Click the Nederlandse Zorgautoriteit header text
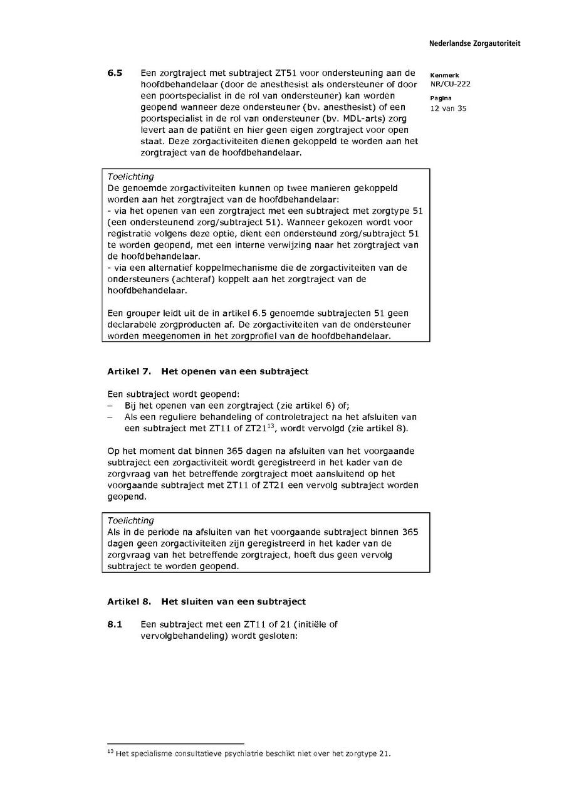coord(474,44)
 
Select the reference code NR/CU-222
coord(450,84)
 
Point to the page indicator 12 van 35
coord(448,108)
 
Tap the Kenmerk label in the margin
coord(444,75)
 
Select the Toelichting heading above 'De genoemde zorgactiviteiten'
coord(130,177)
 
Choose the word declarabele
coord(137,324)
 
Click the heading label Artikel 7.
coord(129,371)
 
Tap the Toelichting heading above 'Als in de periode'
coord(130,520)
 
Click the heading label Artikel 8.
coord(129,602)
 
